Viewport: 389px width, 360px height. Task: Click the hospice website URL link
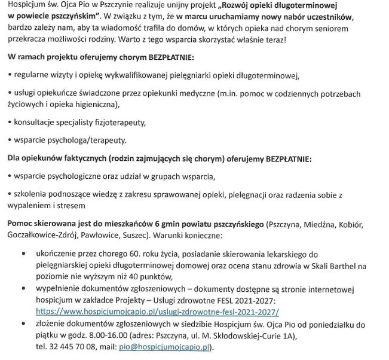[157, 312]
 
